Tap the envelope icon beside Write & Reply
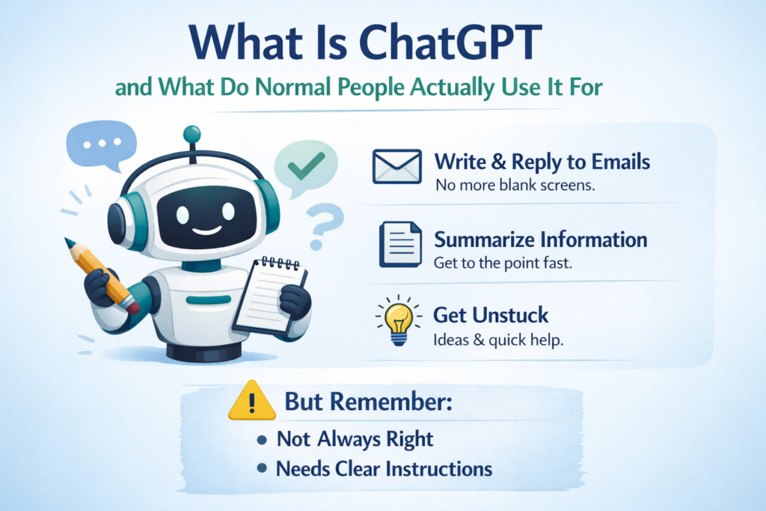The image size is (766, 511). [x=396, y=167]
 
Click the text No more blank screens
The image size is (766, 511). [x=514, y=184]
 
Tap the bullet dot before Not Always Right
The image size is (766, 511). [x=262, y=439]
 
